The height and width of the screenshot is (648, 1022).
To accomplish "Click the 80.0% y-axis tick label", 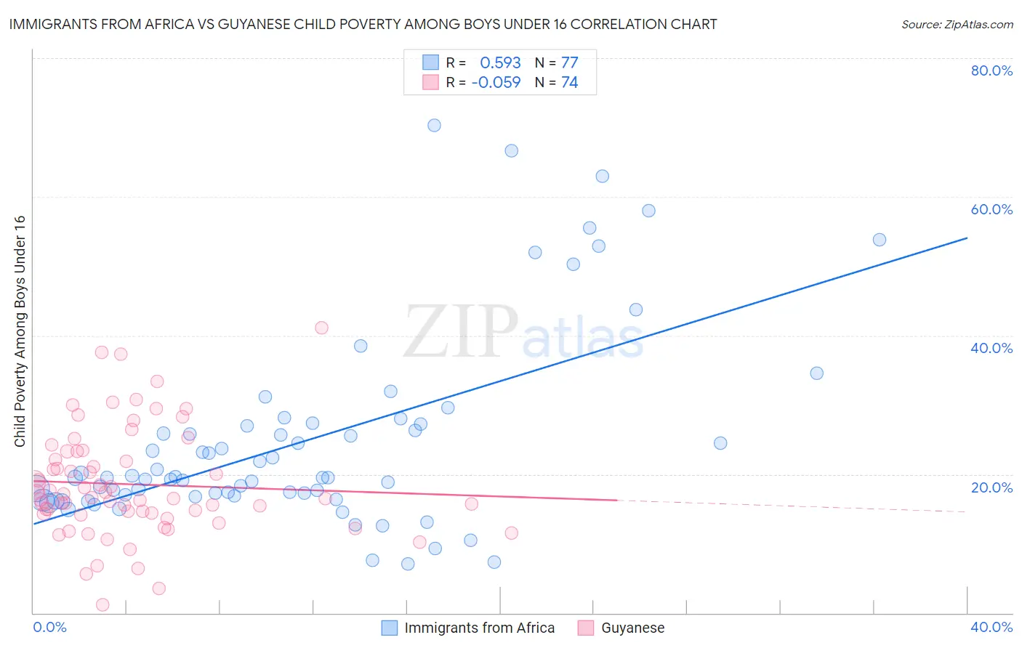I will (x=991, y=70).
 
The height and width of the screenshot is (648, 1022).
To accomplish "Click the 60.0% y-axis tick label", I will (x=991, y=209).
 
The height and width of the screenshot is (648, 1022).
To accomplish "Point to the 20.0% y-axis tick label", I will (x=991, y=487).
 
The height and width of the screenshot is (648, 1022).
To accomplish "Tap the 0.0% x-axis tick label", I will (x=49, y=627).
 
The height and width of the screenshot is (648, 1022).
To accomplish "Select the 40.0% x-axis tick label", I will (x=991, y=627).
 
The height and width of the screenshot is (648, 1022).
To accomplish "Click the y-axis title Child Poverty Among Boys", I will (x=20, y=331).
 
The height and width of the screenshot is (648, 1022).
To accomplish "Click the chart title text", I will (x=363, y=24).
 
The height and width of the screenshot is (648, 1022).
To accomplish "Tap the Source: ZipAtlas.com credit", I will (x=957, y=24).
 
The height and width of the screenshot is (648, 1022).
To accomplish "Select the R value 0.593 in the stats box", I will (x=500, y=62).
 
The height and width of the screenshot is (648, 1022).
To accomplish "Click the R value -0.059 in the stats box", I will (x=496, y=82).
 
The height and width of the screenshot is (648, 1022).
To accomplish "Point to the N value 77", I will (x=569, y=62).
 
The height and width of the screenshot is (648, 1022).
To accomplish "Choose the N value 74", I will (x=569, y=82).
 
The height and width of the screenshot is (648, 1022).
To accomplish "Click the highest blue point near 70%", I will (x=434, y=125).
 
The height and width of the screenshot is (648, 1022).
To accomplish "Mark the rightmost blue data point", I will (x=880, y=240).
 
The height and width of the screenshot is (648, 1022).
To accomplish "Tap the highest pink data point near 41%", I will (x=321, y=328).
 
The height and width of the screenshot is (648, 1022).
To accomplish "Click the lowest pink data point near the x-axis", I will (x=102, y=604).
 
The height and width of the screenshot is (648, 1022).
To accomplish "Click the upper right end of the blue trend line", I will (x=967, y=238).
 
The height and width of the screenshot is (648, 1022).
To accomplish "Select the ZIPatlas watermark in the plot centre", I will (x=523, y=333).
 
